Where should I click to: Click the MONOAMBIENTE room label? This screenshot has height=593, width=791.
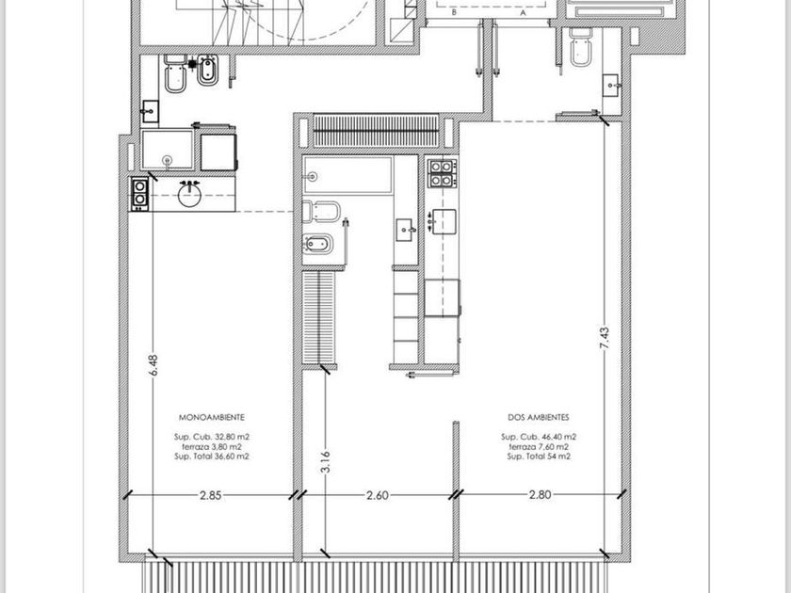click(x=212, y=418)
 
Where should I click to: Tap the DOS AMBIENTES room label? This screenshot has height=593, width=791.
click(x=539, y=418)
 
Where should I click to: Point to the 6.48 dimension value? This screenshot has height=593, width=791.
click(x=153, y=365)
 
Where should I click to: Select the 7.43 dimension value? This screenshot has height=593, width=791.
click(x=605, y=338)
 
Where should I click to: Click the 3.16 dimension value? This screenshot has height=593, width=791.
click(x=326, y=461)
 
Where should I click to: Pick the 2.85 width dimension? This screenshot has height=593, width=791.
click(x=210, y=495)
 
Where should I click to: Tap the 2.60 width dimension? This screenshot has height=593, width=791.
click(x=378, y=495)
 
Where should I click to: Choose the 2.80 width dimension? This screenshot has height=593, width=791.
click(x=540, y=495)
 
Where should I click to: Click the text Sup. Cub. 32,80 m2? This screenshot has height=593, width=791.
click(x=212, y=437)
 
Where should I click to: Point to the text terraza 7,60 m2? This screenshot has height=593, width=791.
click(x=539, y=447)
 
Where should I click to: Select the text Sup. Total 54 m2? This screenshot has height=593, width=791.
click(x=539, y=457)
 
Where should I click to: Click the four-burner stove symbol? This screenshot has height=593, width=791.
click(x=442, y=173)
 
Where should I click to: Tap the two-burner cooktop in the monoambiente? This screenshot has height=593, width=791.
click(x=139, y=194)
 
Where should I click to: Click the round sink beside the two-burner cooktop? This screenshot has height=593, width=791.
click(x=189, y=194)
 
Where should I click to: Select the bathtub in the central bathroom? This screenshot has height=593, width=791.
click(x=347, y=175)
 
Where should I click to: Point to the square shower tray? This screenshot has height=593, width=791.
click(x=167, y=150)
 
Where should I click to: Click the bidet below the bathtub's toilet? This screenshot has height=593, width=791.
click(x=317, y=245)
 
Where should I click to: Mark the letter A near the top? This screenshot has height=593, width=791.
click(x=523, y=13)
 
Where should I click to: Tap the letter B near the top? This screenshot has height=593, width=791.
click(x=454, y=12)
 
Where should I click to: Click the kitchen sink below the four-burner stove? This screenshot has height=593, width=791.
click(x=443, y=221)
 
